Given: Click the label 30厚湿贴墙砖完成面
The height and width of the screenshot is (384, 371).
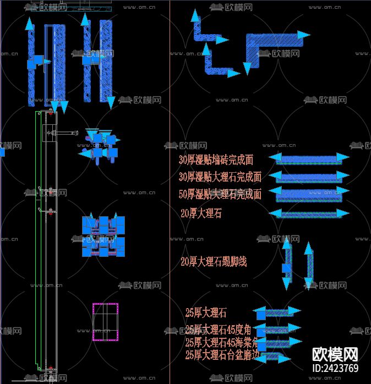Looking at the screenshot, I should pos(216,160).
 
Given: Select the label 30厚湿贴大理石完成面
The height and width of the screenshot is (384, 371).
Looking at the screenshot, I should pos(220,177).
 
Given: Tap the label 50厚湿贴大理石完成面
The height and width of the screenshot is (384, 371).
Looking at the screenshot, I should pos(220,194).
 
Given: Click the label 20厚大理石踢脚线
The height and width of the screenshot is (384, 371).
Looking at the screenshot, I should pos(214,262).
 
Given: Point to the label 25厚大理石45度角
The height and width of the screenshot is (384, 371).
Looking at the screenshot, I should pos(219,330).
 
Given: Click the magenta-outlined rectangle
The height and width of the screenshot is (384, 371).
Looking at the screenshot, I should pos(105,322).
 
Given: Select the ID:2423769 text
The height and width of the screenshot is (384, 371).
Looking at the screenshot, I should pos(335,369).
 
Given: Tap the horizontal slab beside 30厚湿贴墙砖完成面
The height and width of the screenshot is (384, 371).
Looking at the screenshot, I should pos(309,159).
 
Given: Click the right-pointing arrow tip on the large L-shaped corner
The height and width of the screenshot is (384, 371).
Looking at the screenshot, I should pos(304,35).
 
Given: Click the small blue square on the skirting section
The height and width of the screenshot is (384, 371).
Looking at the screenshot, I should pos(287,269).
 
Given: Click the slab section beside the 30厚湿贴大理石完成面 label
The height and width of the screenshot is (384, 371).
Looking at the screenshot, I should pos(309,176).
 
